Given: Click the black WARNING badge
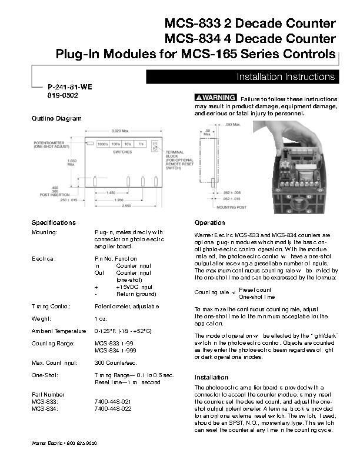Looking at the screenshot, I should [x=215, y=97].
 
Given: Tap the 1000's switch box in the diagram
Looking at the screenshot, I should [x=104, y=144].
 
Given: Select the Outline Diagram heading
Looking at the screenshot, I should [x=56, y=119].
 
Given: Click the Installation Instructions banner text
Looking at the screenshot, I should [x=285, y=77].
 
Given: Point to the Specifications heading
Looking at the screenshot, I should [x=54, y=222].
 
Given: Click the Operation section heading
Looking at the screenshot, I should [x=209, y=222].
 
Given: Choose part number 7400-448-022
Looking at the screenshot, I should [x=113, y=408].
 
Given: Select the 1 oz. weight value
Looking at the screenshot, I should [x=100, y=318].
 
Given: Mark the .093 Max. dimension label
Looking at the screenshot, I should [x=232, y=125].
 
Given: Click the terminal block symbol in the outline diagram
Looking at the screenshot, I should [x=155, y=146].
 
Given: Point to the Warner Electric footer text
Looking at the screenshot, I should [x=64, y=442].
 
